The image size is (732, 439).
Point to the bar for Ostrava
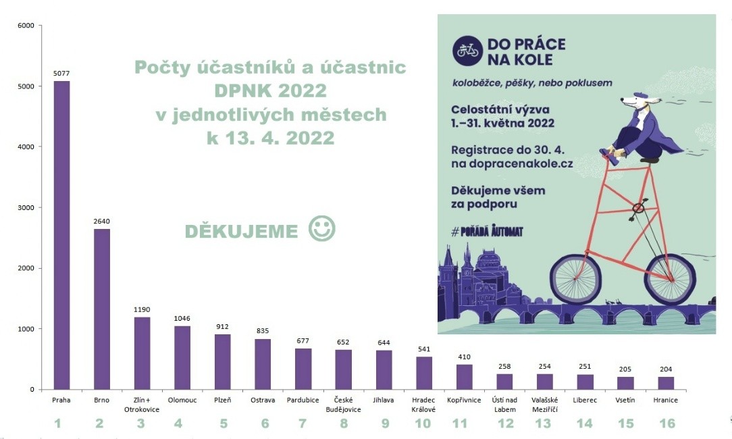click(263, 364)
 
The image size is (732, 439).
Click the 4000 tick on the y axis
click(25, 147)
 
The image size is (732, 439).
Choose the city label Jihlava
click(384, 401)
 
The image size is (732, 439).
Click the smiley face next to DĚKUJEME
click(321, 228)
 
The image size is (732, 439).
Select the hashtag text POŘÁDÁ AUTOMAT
click(487, 231)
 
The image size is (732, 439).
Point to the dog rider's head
click(632, 101)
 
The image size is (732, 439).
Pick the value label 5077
click(61, 74)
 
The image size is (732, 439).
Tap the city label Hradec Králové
click(423, 405)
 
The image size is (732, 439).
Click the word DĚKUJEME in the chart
click(241, 232)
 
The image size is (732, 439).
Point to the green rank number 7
click(303, 423)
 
